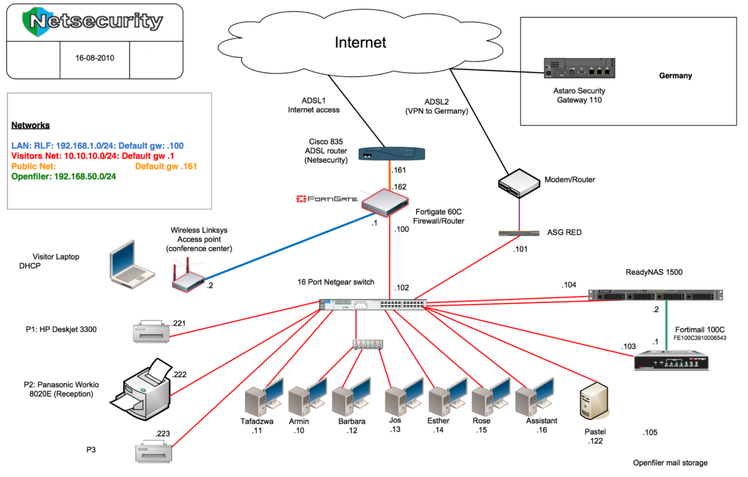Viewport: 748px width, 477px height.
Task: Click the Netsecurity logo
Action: click(93, 21)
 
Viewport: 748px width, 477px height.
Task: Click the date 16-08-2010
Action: click(95, 58)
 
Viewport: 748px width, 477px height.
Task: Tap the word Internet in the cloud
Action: click(360, 42)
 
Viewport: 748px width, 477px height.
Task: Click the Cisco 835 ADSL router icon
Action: click(392, 153)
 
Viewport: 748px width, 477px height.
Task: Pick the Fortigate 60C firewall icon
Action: click(385, 202)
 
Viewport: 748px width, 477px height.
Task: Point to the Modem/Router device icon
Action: click(519, 183)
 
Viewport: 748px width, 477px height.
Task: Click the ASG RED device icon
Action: click(519, 233)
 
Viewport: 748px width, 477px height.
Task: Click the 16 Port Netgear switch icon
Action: click(372, 305)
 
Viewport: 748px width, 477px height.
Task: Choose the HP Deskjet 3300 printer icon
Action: click(151, 331)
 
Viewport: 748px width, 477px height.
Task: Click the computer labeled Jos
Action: click(403, 396)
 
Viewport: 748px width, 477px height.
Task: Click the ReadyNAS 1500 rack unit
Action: click(655, 295)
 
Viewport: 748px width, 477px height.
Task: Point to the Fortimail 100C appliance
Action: click(671, 362)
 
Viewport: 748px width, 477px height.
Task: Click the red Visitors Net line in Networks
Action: click(93, 156)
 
